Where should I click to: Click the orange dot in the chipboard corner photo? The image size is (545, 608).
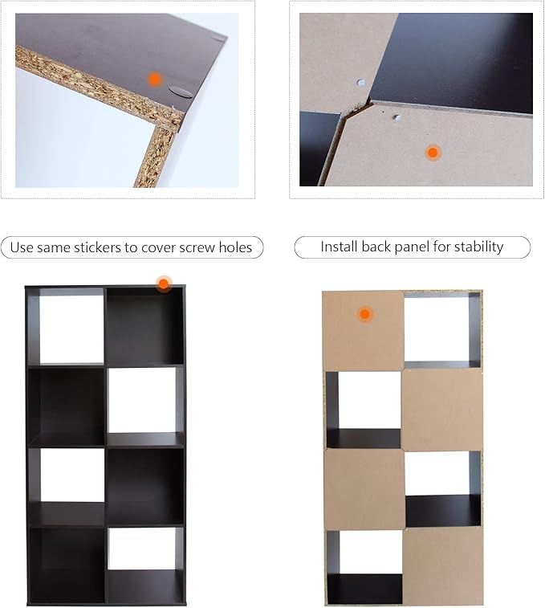coord(155,80)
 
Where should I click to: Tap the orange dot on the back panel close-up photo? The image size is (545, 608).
coord(433,153)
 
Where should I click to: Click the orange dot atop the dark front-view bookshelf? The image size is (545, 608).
coord(164,284)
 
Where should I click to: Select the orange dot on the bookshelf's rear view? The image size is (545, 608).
coord(364,314)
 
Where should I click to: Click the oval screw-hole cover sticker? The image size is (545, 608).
coord(181,92)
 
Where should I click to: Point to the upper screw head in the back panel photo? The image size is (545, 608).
coord(361,83)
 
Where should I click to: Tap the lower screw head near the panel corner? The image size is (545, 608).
coord(397,117)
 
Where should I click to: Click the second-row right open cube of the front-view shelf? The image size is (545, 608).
coord(142,401)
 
